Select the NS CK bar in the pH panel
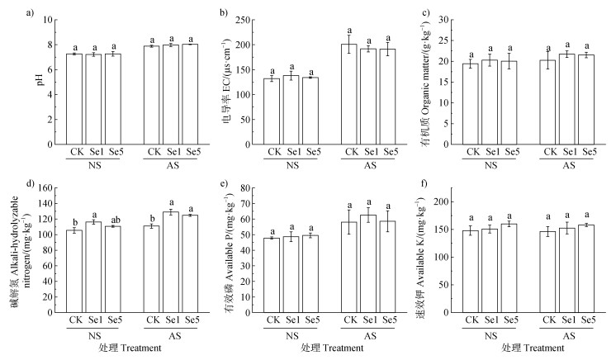(x=74, y=99)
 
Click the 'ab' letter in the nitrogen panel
(x=112, y=218)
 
